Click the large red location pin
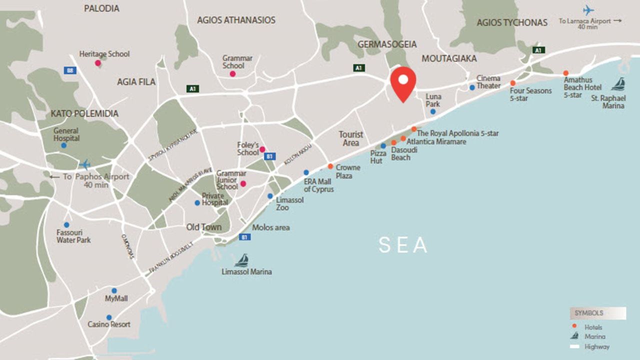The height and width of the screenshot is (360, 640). click(403, 82)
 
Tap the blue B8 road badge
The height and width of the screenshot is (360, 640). click(70, 70)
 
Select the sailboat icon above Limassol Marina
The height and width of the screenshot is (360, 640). click(242, 260)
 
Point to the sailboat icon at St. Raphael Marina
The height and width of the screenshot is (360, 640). click(618, 83)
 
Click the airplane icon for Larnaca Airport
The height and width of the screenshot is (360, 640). click(588, 10)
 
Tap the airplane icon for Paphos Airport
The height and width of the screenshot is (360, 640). click(84, 164)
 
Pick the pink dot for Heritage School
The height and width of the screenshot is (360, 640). click(98, 63)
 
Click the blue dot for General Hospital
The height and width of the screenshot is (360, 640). click(63, 145)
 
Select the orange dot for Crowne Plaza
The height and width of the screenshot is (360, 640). click(330, 166)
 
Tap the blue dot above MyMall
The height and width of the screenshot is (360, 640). click(114, 290)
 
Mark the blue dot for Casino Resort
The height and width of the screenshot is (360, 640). click(109, 317)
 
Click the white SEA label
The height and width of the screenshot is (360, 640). click(403, 245)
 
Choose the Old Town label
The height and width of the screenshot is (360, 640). click(204, 227)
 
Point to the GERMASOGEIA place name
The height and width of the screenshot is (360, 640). click(387, 44)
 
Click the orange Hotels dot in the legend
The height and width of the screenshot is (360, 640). click(574, 326)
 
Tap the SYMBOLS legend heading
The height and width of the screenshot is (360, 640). click(589, 313)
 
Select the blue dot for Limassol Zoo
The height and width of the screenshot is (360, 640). click(270, 196)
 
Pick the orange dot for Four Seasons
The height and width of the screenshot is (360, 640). click(512, 83)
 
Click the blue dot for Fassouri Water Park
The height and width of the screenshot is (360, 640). click(66, 225)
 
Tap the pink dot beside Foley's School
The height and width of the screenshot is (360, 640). click(262, 149)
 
